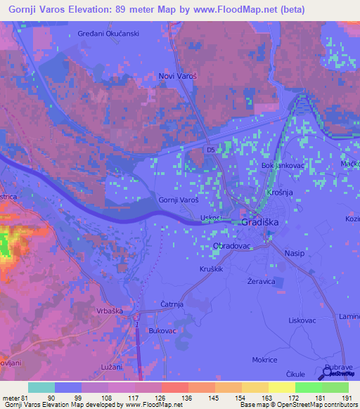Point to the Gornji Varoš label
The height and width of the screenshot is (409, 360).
178,200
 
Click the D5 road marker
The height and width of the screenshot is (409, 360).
210,149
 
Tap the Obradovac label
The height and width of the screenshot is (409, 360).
231,247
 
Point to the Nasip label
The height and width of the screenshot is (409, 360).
295,252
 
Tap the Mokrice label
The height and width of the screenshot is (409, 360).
264,359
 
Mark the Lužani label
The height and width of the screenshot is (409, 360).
110,367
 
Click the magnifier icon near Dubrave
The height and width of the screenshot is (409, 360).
329,369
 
